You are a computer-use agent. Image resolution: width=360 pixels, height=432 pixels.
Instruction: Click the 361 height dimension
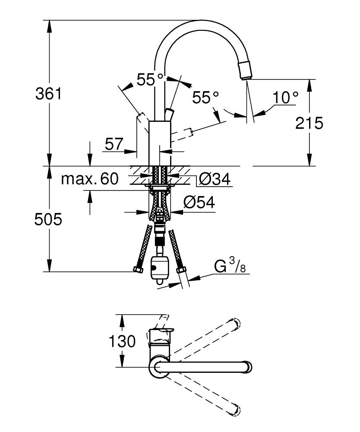tap(49, 94)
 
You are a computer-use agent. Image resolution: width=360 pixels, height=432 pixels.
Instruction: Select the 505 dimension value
tap(48, 219)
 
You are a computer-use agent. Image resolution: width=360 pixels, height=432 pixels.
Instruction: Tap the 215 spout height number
tap(309, 123)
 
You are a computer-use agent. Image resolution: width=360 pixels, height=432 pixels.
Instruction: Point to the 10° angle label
tap(285, 98)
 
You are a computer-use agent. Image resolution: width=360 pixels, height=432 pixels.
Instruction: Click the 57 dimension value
tap(114, 144)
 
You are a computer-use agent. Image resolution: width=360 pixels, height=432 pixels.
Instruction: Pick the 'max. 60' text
tap(90, 179)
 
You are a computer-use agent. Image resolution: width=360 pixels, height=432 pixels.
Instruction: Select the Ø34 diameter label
tap(215, 179)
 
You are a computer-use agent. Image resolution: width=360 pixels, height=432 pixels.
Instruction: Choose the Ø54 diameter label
tap(199, 203)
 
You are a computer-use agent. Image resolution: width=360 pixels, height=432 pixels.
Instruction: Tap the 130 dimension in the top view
tap(122, 341)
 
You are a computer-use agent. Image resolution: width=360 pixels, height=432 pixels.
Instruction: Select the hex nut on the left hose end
tap(138, 269)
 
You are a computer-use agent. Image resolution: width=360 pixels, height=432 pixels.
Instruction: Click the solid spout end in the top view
tap(248, 367)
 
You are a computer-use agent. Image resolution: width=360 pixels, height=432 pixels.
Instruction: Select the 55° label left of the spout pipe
tap(150, 79)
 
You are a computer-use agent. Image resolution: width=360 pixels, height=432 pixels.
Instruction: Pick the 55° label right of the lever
tap(205, 98)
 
